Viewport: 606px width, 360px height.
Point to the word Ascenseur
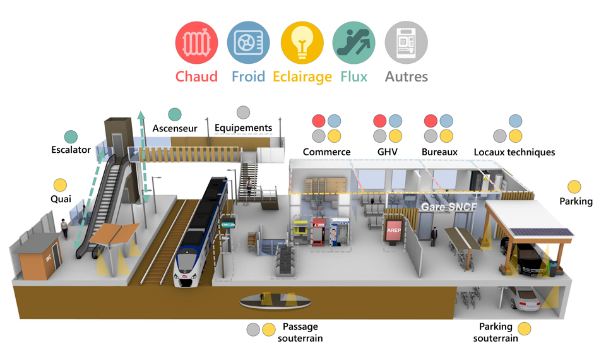175,128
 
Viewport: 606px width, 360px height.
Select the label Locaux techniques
514,152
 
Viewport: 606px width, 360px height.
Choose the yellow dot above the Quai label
60,186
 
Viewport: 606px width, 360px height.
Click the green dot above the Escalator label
71,136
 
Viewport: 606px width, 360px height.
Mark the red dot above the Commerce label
319,120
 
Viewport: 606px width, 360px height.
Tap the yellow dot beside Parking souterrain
524,329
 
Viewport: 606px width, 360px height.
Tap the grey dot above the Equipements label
242,112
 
